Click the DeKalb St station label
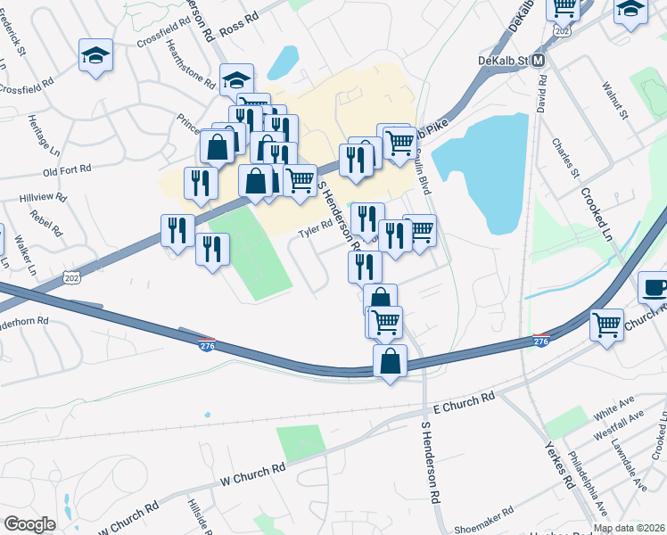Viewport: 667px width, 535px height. point(503,60)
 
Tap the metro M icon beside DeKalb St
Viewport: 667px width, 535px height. point(539,60)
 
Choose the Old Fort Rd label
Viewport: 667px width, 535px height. point(67,169)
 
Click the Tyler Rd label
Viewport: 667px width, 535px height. point(314,231)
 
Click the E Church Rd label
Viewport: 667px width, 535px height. point(463,402)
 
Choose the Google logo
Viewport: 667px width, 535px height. point(29,523)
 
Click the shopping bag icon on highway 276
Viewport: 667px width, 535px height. point(390,361)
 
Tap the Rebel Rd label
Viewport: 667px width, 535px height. point(44,223)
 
